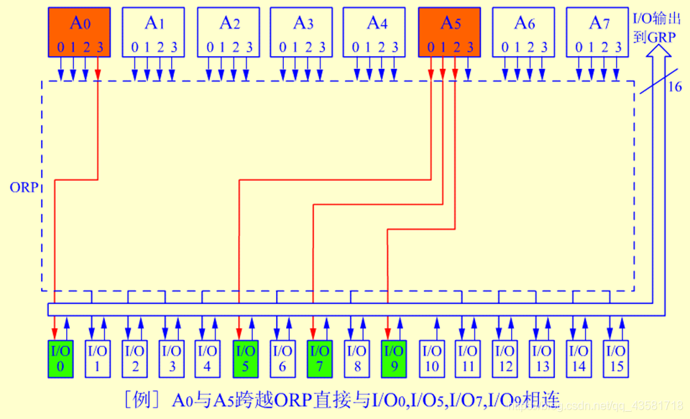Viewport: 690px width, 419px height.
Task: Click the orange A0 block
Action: pyautogui.click(x=79, y=32)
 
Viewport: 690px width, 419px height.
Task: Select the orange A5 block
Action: pyautogui.click(x=449, y=32)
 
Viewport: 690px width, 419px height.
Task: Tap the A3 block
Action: pyautogui.click(x=301, y=32)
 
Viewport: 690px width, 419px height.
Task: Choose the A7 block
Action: pyautogui.click(x=597, y=32)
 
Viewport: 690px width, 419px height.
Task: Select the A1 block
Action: pyautogui.click(x=152, y=32)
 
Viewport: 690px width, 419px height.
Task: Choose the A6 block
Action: pyautogui.click(x=523, y=32)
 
